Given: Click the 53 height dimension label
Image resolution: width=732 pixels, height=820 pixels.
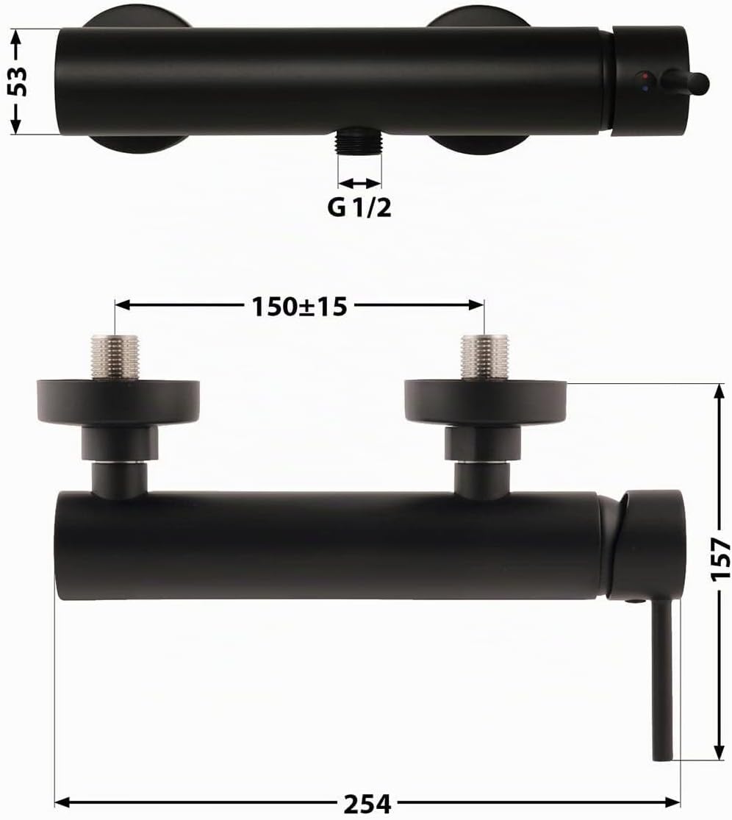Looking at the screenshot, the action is point(19,81).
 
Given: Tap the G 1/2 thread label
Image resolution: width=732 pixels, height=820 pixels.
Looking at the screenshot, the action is point(359,208).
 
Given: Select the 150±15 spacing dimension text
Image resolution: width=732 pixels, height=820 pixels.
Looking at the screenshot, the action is point(299,307).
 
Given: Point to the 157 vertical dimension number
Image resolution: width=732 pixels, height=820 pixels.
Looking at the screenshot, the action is point(720,559).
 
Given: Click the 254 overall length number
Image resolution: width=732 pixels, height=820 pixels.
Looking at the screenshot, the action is point(367,803).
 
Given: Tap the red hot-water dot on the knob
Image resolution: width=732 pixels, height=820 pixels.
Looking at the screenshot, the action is point(647,76).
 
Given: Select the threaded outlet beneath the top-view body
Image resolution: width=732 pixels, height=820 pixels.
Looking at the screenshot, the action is point(359,140).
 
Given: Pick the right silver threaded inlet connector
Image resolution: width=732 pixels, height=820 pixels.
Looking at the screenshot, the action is point(484,356).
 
